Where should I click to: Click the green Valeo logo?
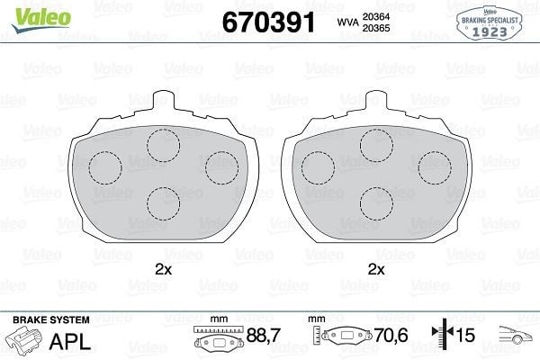41,20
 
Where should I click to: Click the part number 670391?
268,22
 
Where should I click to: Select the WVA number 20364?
375,16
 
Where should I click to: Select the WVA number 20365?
375,28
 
